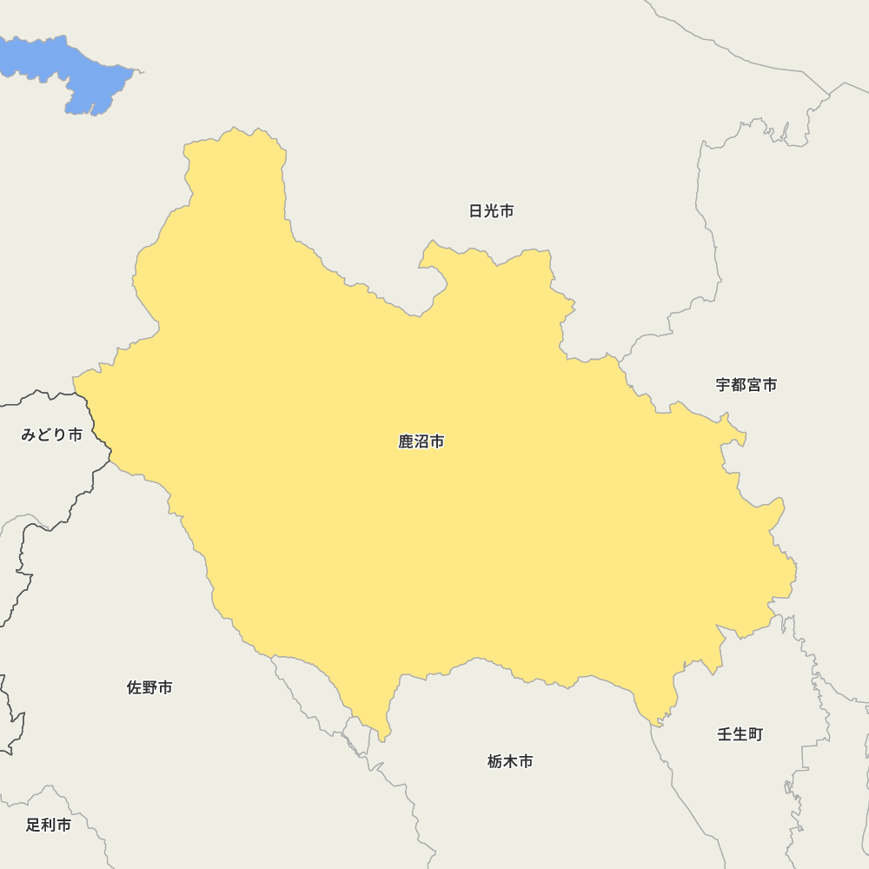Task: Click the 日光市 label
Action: [x=491, y=211]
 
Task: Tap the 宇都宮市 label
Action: [x=746, y=385]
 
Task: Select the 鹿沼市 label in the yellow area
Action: [x=421, y=442]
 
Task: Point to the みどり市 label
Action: [x=52, y=434]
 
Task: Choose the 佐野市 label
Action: [x=149, y=688]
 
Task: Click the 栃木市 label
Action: [x=510, y=762]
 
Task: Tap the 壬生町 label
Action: [x=740, y=734]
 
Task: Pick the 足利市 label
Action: [x=49, y=826]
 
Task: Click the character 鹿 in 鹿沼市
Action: [x=406, y=442]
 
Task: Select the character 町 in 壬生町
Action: [x=755, y=734]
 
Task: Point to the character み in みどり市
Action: [x=29, y=434]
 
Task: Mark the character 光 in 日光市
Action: [x=491, y=211]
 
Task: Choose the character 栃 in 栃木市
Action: [x=495, y=762]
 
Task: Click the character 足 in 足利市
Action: [x=33, y=826]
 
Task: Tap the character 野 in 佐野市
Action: [x=149, y=688]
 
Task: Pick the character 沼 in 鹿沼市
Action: [x=421, y=442]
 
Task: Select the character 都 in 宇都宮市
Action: [x=739, y=385]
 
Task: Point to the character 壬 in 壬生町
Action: [x=725, y=734]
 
